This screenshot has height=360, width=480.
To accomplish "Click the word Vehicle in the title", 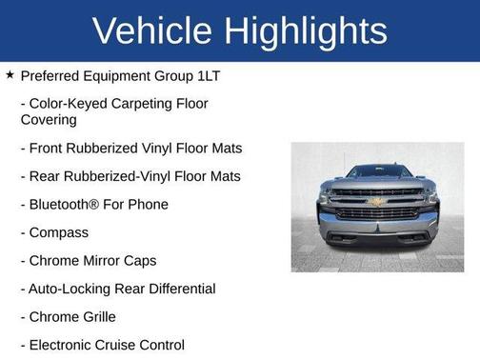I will (150, 30).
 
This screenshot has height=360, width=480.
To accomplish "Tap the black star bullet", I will (10, 73).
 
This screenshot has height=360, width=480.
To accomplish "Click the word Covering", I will (49, 120).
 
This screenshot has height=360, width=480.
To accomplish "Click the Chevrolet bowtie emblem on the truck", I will (377, 202).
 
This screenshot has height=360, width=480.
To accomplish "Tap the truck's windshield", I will (377, 172).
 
